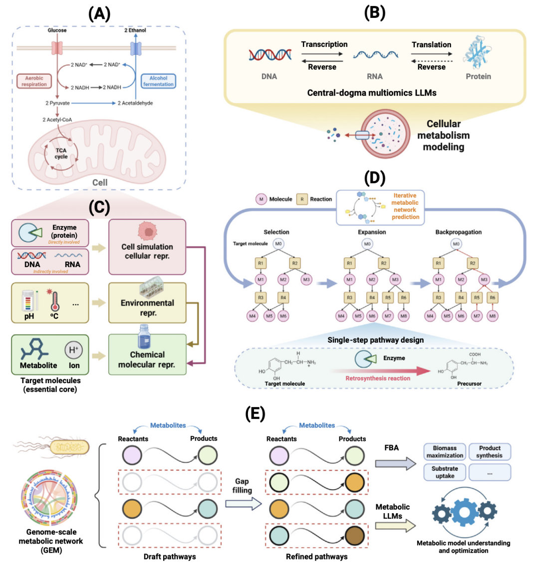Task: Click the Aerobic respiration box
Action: [34, 81]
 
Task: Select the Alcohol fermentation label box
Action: [158, 81]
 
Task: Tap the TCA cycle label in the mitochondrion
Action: [61, 153]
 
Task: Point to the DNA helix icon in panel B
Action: [270, 54]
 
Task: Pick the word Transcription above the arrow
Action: [324, 44]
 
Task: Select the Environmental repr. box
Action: [147, 303]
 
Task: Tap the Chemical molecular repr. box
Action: [147, 355]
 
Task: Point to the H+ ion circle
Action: [73, 350]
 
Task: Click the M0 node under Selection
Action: [278, 244]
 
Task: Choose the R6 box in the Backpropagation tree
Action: [493, 297]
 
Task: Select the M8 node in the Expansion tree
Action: [404, 316]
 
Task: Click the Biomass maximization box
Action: [445, 451]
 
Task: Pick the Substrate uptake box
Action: [445, 472]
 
